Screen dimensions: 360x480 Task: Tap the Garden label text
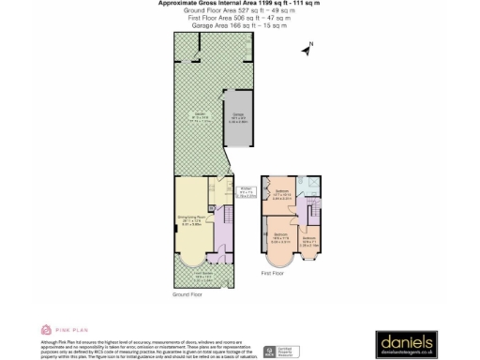pos(199,116)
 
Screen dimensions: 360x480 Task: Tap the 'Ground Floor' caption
pos(186,294)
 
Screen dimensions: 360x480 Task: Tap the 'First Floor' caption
pos(273,273)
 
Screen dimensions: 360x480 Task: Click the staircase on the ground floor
pos(225,233)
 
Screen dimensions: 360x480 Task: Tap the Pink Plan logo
pos(61,330)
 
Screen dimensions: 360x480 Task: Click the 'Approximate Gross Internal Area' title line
pos(239,4)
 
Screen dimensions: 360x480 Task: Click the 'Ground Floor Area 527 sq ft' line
pos(239,11)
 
